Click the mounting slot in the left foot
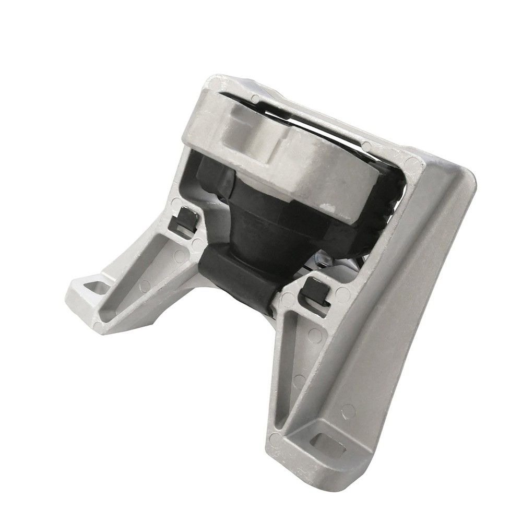pyautogui.click(x=97, y=287)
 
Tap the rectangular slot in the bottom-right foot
pyautogui.click(x=329, y=444)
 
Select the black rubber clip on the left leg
pyautogui.click(x=184, y=219)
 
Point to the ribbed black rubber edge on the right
pyautogui.click(x=389, y=209)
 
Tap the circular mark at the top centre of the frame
pyautogui.click(x=255, y=98)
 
